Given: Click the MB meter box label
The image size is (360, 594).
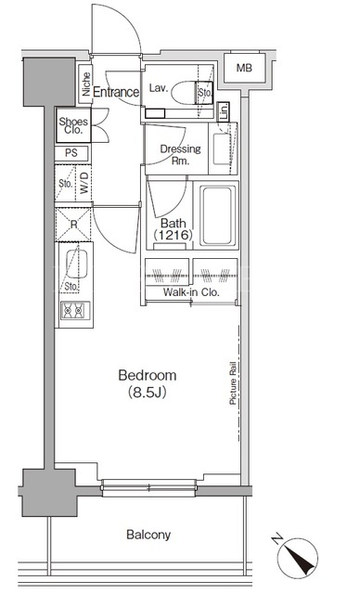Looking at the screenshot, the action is click(x=244, y=68).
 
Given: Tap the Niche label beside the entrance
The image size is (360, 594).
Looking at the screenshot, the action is click(x=86, y=84).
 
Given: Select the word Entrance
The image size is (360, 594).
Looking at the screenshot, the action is click(x=116, y=92).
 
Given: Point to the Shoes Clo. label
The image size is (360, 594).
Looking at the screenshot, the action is click(x=73, y=125).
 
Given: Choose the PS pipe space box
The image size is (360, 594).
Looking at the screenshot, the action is click(x=72, y=153).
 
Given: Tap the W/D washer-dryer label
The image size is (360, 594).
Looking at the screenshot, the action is click(x=84, y=183).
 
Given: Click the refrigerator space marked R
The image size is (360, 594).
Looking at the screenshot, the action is click(x=73, y=225).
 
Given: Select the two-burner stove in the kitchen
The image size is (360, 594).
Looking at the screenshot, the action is click(x=75, y=310).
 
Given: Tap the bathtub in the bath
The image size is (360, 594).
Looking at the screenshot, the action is click(x=217, y=215).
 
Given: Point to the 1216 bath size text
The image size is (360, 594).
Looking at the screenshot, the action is click(x=173, y=235).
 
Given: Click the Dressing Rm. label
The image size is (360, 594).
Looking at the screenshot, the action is click(x=180, y=154).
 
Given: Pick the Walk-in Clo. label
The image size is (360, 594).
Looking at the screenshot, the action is click(x=191, y=292).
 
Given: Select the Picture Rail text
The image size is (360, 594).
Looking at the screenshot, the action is click(x=233, y=383).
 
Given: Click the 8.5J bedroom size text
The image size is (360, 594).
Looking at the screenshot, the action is click(x=147, y=392).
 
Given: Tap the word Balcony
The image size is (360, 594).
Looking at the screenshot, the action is click(x=148, y=535).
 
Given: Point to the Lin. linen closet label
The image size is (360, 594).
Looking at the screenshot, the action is click(x=225, y=111).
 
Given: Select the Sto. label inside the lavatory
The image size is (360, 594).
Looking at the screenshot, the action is click(x=205, y=92).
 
